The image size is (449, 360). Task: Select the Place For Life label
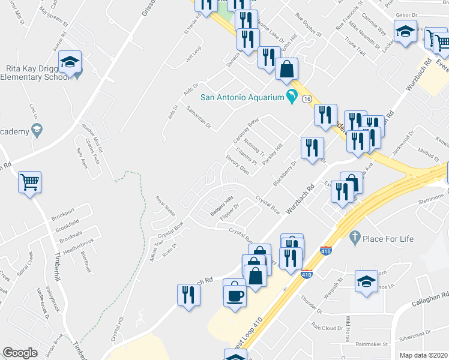pos(388,239)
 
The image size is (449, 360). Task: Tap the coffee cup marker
pos(234,294)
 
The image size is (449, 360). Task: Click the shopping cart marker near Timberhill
pos(29,181)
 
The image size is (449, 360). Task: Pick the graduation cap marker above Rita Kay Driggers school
pos(70,62)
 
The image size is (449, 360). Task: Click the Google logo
pos(20,353)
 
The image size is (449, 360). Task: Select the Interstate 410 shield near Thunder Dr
pos(306,274)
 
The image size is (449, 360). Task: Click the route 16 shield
pos(307,98)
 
